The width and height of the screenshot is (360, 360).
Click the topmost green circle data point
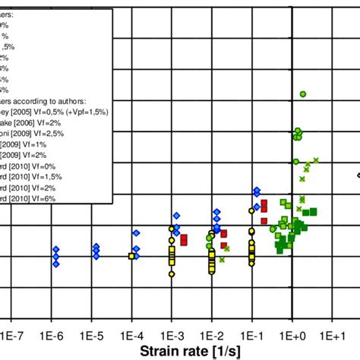coord(302,93)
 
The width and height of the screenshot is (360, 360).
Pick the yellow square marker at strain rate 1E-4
coord(131,257)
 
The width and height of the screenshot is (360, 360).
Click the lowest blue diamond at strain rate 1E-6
coord(55,264)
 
